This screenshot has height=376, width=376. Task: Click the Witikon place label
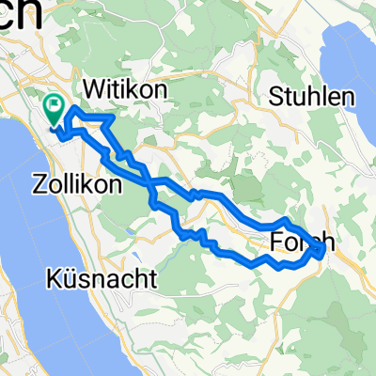point(125,88)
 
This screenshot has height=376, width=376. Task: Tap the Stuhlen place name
point(313,95)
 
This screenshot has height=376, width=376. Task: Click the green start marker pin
point(55,112)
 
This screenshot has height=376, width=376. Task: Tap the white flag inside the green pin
point(55,107)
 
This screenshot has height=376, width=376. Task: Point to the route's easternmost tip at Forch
point(325,251)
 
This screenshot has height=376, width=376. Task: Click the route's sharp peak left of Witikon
point(73,110)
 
